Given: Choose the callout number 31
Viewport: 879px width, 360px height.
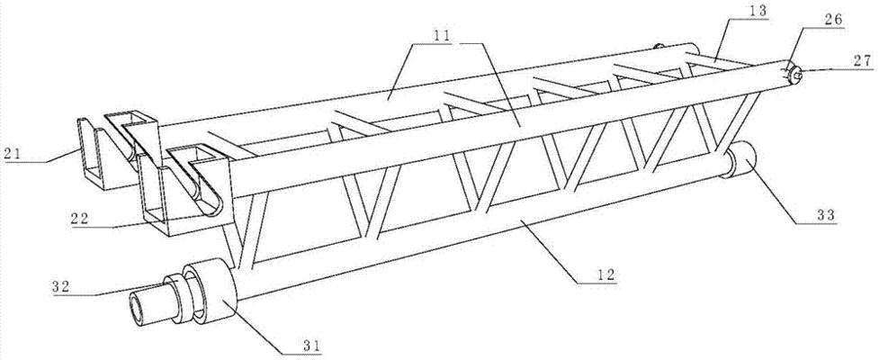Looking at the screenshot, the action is point(311,345).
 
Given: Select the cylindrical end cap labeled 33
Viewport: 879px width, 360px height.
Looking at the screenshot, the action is point(738,160).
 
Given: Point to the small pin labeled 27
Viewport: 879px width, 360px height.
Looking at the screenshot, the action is point(795,74).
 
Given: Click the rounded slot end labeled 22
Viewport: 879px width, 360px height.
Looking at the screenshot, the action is point(213,205).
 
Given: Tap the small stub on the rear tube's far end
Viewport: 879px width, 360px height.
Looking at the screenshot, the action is point(659,46).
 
